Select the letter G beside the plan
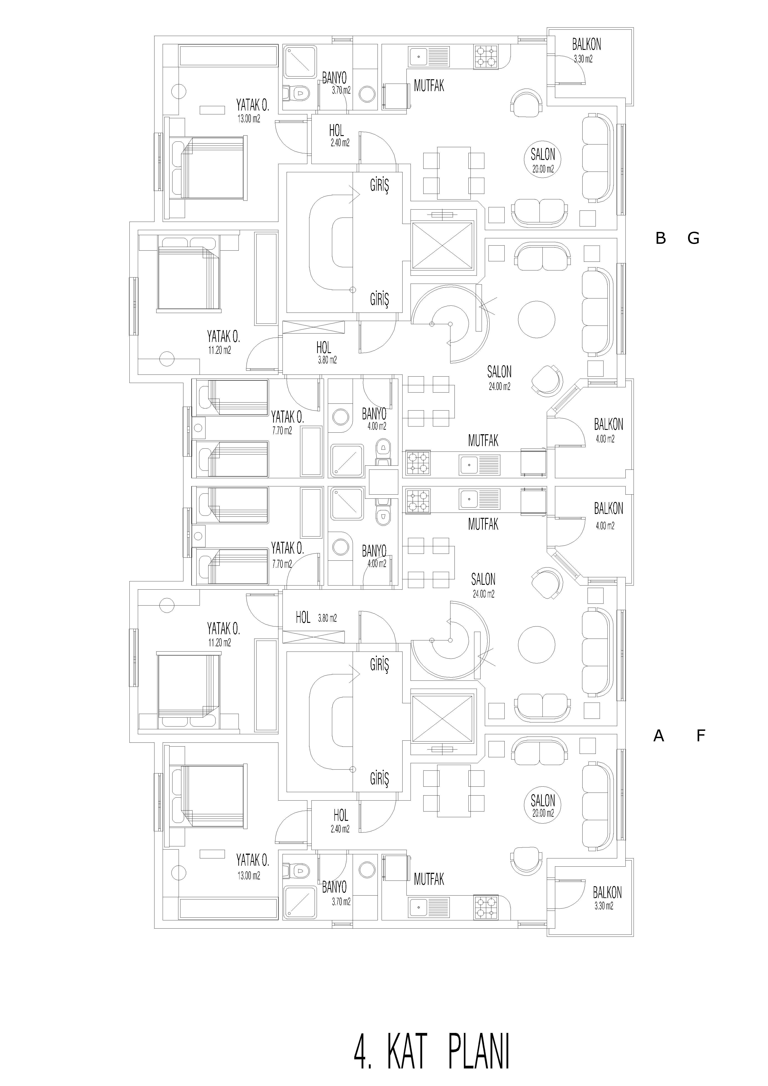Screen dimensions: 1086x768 tap(693, 238)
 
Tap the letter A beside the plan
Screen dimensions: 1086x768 tap(659, 736)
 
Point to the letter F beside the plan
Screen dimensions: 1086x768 tap(701, 736)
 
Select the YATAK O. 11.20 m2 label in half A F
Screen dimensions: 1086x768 tap(223, 634)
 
